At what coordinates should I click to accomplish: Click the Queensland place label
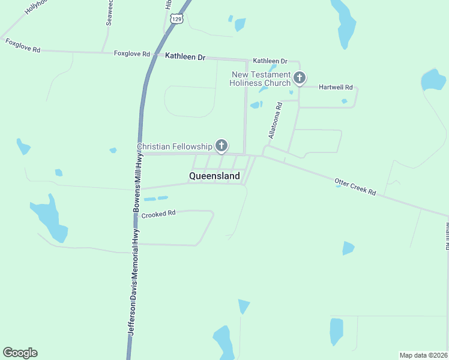214,176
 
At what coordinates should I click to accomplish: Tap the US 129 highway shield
176,19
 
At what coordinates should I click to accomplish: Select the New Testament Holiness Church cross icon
299,77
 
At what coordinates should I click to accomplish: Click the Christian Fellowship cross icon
221,145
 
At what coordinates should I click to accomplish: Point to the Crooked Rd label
158,213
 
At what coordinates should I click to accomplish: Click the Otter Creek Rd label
355,187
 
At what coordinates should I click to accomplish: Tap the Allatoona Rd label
274,121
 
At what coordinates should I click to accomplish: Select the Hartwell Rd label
336,87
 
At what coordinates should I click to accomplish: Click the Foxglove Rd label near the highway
131,53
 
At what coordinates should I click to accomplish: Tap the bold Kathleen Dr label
185,57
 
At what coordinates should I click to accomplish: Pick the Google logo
20,353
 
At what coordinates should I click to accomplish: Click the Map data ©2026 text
423,355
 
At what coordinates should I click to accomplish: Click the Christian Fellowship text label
175,146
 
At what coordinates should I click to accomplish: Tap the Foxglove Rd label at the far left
22,46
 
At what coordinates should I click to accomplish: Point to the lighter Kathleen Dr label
270,61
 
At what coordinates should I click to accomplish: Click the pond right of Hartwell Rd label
433,80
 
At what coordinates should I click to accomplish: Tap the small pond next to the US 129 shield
240,24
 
